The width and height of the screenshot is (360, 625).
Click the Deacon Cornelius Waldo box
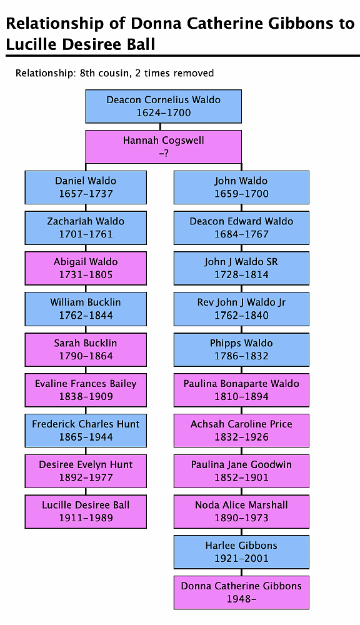pos(164,106)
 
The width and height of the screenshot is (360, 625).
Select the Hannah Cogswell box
pos(164,147)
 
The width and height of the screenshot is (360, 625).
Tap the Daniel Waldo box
pos(86,187)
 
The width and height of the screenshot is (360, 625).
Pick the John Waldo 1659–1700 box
pos(241,187)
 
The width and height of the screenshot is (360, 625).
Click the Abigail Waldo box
pos(86,268)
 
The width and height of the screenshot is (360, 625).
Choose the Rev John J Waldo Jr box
pos(241,309)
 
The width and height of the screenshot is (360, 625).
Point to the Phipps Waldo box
pos(241,349)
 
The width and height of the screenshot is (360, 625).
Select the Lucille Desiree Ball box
pos(86,511)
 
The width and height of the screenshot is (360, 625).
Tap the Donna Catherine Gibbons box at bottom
pos(241,592)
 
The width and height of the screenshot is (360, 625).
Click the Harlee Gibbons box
pos(241,552)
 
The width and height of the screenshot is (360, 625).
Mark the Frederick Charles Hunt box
pos(86,431)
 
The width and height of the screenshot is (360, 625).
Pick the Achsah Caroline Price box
pos(241,431)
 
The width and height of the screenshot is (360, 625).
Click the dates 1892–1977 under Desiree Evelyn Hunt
pos(86,477)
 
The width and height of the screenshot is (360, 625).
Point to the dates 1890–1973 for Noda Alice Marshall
pos(241,518)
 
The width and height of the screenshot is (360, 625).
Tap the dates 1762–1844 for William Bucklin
pos(86,316)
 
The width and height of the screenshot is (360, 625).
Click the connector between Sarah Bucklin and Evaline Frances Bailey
pos(86,370)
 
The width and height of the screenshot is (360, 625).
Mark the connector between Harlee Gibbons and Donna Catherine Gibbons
pos(241,572)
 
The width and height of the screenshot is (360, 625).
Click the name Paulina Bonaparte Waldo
pos(241,384)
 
